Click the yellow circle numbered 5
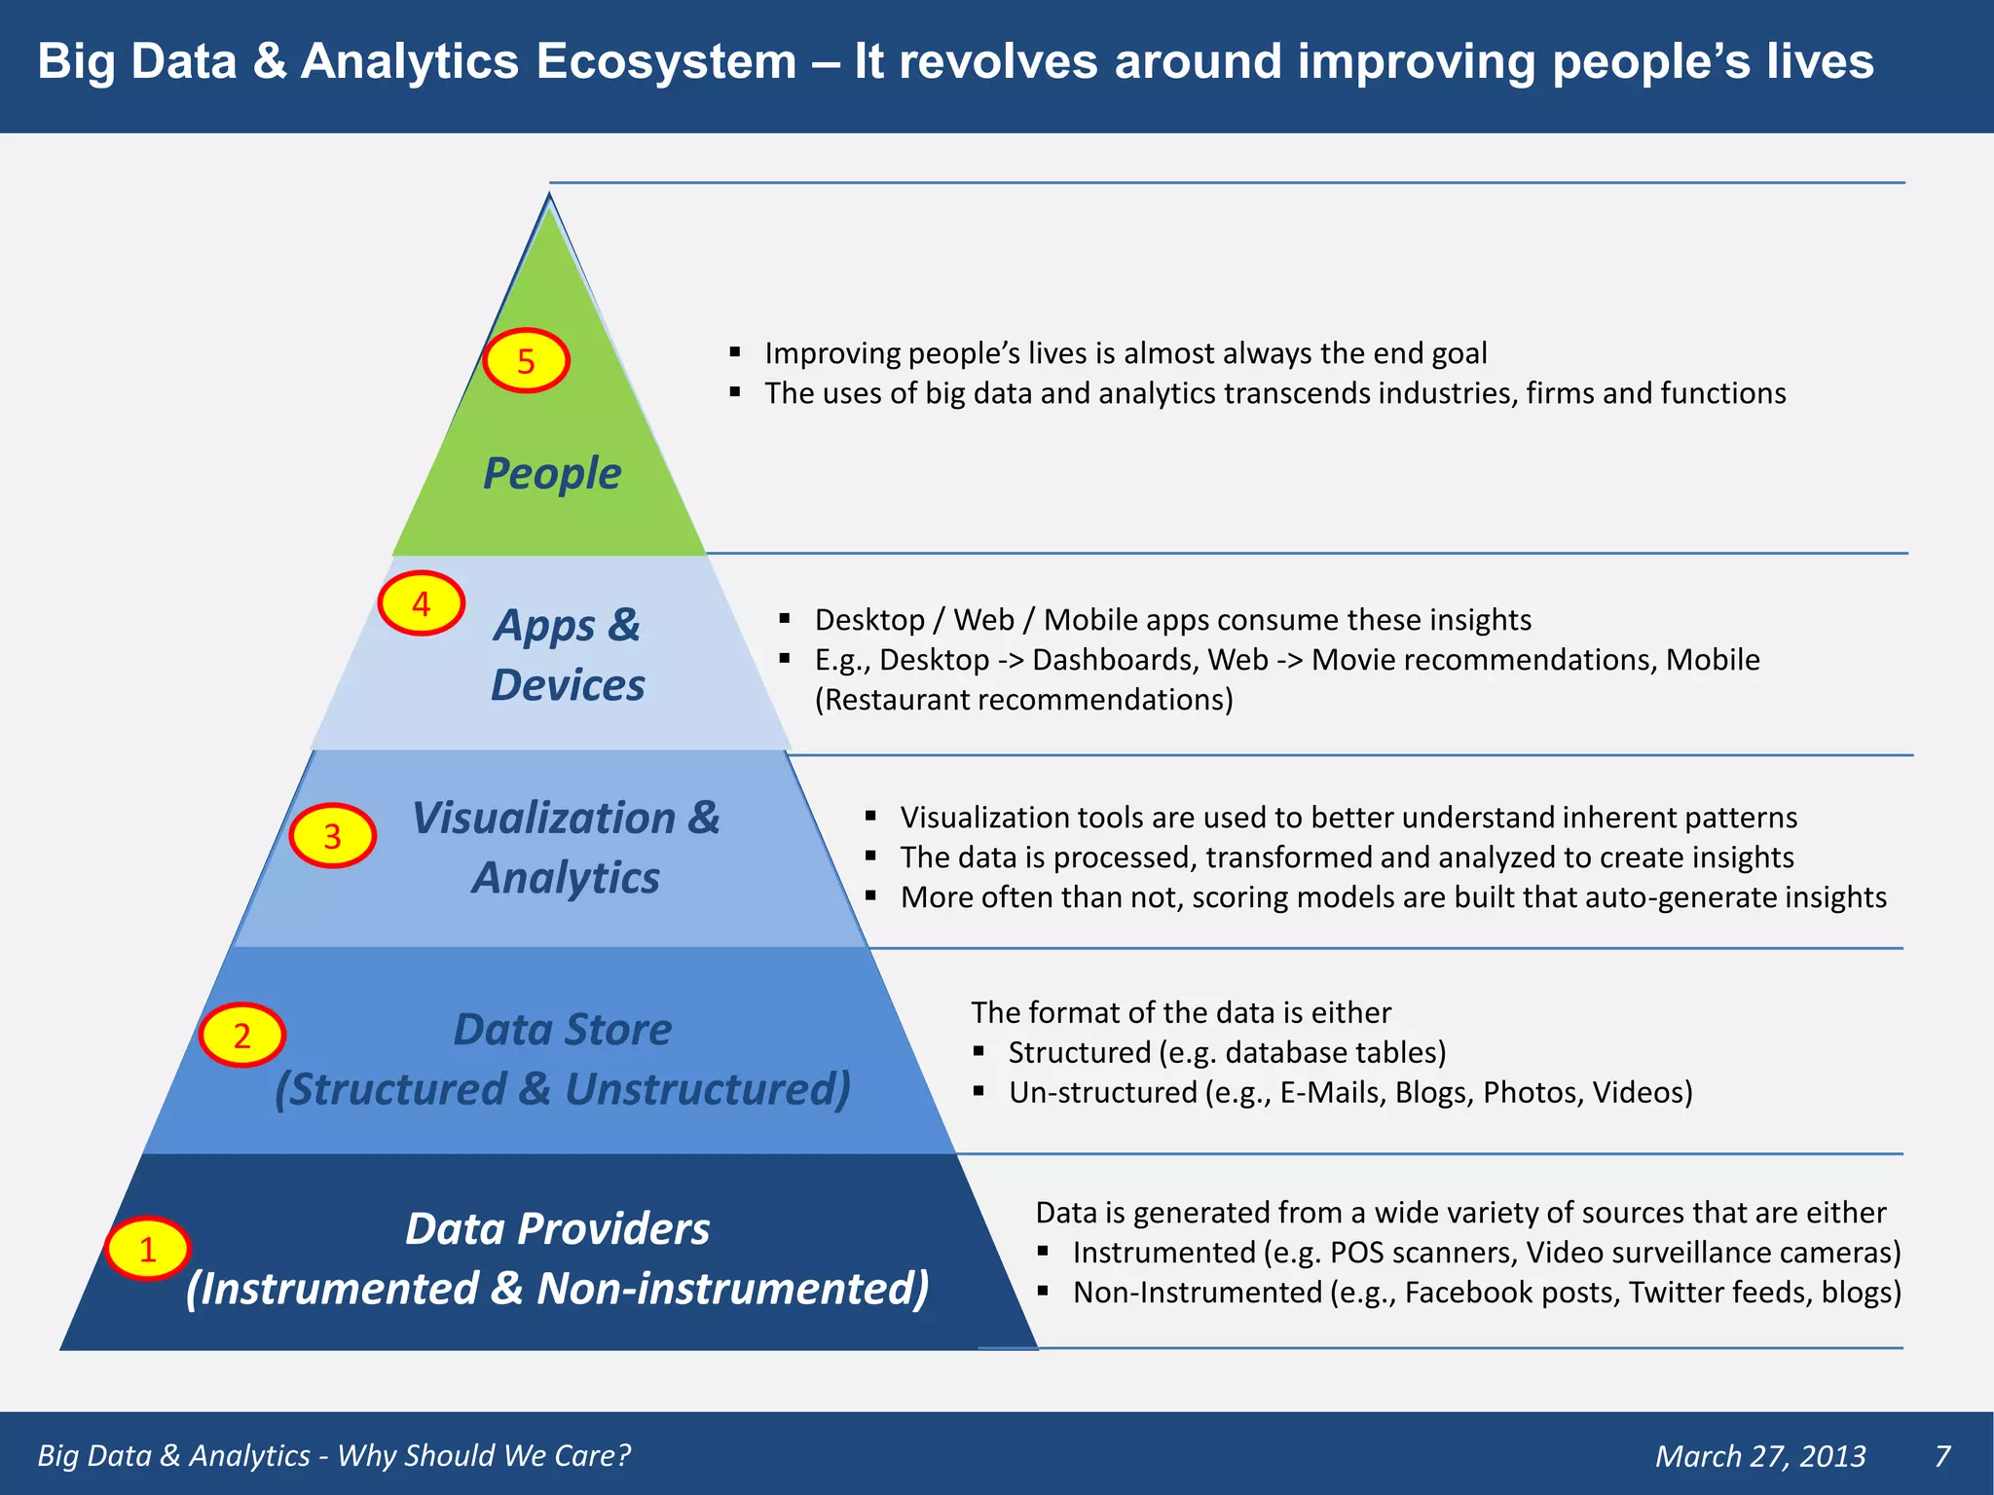click(526, 361)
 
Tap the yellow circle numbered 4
click(421, 603)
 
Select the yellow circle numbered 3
click(332, 836)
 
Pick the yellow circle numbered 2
click(241, 1035)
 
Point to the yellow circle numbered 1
click(147, 1249)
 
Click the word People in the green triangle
click(552, 474)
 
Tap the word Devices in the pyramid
click(568, 685)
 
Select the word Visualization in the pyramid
click(543, 818)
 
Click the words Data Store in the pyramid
click(562, 1030)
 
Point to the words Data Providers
click(557, 1229)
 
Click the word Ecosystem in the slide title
click(666, 61)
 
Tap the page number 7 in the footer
click(1941, 1456)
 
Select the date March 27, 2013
click(1760, 1456)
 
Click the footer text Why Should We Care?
click(484, 1456)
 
